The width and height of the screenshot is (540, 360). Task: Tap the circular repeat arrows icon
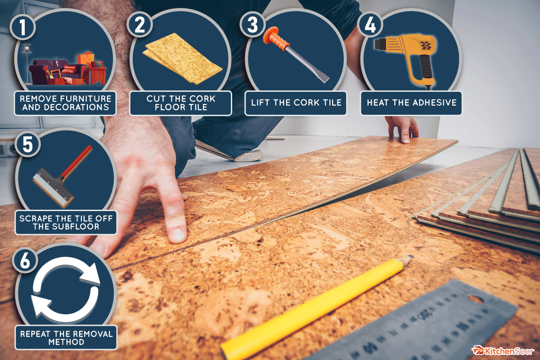[x=66, y=292]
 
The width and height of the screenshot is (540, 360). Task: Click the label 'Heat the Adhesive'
[x=411, y=103]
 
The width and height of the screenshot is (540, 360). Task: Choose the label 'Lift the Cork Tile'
[x=296, y=103]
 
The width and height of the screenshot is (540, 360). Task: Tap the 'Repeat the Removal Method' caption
[x=66, y=337]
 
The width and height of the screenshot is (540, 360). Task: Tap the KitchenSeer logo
[x=504, y=350]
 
